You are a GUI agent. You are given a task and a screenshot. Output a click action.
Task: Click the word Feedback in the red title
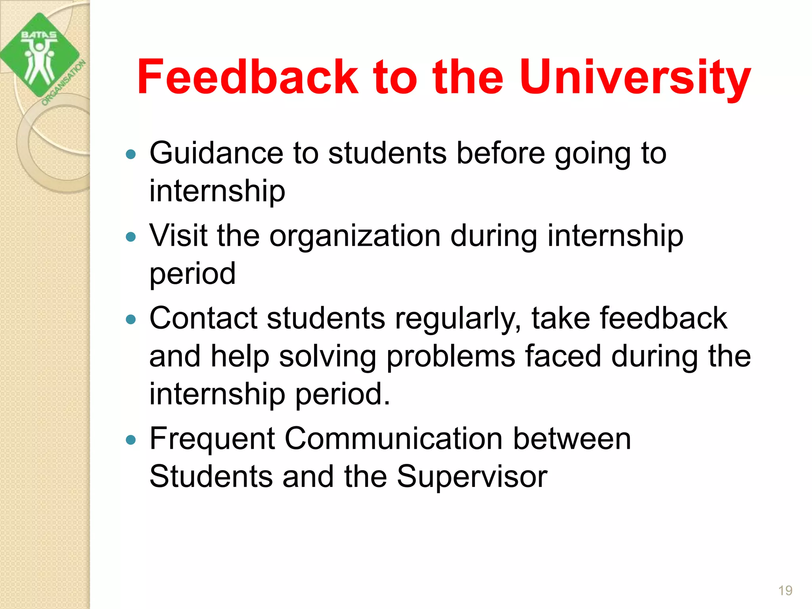[x=247, y=77]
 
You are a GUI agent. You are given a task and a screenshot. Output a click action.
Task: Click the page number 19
[x=785, y=590]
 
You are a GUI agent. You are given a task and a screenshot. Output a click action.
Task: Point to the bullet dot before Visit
[x=130, y=237]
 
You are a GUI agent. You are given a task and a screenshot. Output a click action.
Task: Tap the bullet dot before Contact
[x=130, y=319]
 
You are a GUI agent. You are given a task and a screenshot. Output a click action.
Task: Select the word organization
[x=355, y=236]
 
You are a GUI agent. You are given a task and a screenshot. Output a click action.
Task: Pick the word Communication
[x=394, y=439]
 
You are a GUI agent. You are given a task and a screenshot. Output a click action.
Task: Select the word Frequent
[x=212, y=440]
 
